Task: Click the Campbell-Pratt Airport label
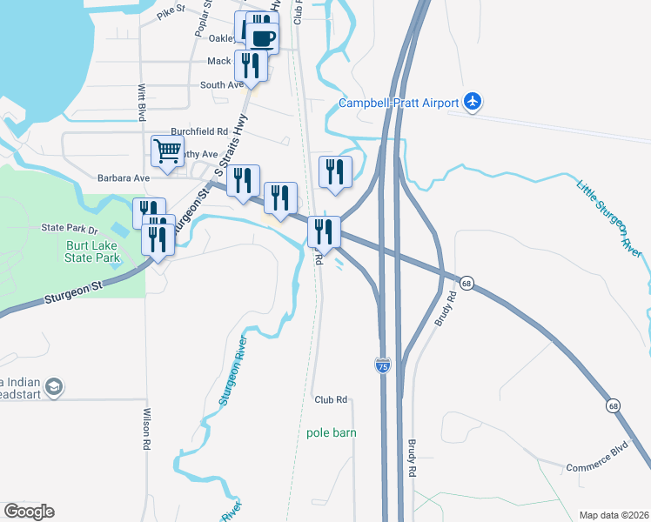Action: tap(398, 103)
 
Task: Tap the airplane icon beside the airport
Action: tap(473, 102)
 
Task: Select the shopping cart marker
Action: tap(166, 151)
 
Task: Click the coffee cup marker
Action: tap(263, 37)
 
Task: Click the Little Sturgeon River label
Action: tap(609, 218)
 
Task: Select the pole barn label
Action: tap(332, 432)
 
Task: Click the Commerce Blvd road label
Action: tap(596, 466)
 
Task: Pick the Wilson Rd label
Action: tap(147, 429)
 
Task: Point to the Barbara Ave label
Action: tap(124, 177)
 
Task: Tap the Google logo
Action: tap(29, 512)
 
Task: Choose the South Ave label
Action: tap(222, 85)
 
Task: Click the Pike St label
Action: tap(171, 12)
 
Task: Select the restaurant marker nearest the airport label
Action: tap(334, 172)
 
